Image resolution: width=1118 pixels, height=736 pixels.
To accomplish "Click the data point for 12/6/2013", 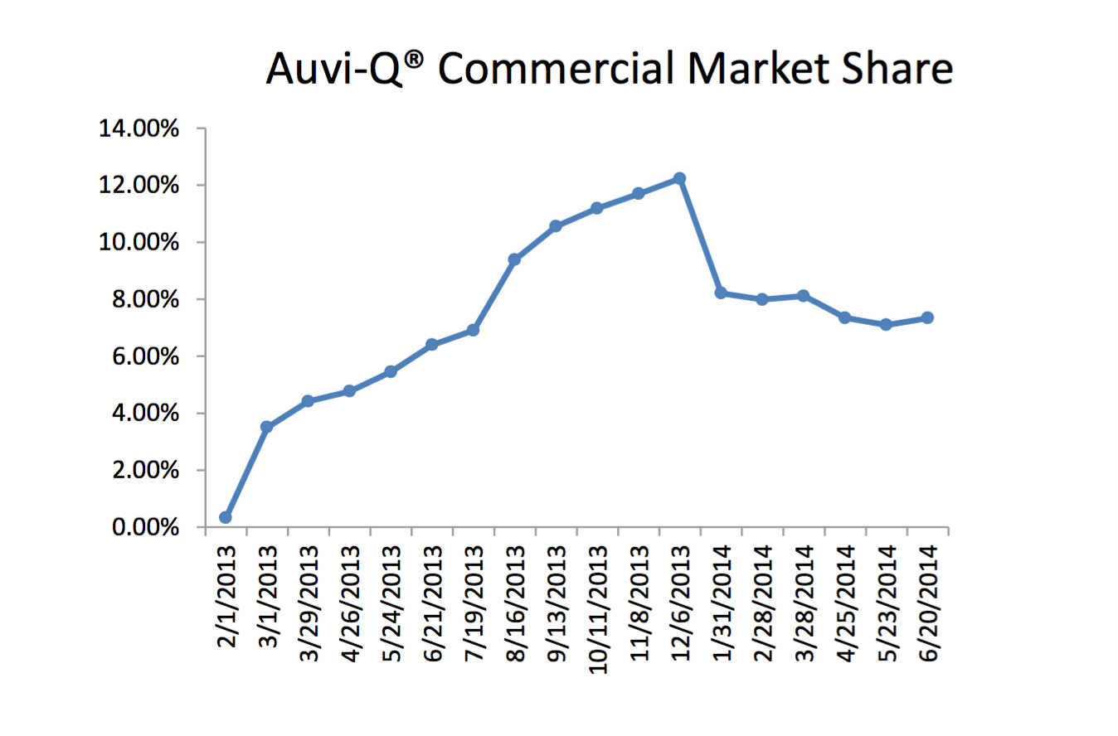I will [x=679, y=178].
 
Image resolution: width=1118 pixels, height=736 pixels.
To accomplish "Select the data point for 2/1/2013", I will [x=225, y=517].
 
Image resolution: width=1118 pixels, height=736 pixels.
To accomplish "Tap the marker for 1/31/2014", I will [x=721, y=293].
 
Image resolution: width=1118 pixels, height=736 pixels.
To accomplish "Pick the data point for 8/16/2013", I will [x=514, y=259].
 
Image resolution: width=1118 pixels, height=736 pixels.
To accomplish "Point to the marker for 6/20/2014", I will [x=927, y=317].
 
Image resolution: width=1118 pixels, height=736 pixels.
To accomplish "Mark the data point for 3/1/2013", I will [x=266, y=427].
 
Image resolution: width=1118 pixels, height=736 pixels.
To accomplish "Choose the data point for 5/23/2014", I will [x=886, y=325].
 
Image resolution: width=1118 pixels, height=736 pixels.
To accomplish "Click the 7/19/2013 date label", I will [x=474, y=598].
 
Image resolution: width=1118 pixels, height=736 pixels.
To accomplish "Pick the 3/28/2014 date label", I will [x=804, y=602].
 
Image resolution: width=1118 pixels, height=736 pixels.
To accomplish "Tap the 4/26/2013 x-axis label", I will [x=349, y=602].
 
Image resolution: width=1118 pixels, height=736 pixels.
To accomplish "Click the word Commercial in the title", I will [x=556, y=70].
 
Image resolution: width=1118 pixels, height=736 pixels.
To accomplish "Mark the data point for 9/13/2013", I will [x=556, y=225].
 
